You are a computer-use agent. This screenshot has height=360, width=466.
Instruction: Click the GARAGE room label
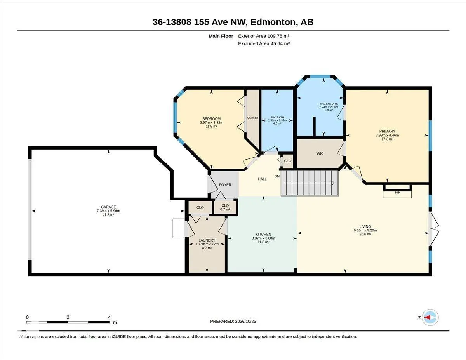108,207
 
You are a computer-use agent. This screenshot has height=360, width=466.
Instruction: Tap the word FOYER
225,184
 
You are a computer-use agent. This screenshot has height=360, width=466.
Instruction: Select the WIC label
320,153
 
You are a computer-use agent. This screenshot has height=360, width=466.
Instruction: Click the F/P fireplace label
397,193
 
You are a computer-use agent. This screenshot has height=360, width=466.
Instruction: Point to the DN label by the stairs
277,176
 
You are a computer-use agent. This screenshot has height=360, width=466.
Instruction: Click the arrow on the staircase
309,183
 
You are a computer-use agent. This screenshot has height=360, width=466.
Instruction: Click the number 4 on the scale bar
110,317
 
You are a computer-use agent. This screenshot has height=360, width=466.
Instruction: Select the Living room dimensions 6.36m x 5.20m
365,230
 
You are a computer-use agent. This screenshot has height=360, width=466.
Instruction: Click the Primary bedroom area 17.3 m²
387,139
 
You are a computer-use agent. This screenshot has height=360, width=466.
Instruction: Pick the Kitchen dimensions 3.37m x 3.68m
263,238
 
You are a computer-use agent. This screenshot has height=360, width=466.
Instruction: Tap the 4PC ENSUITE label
329,104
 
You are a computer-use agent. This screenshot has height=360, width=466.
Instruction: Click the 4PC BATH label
277,117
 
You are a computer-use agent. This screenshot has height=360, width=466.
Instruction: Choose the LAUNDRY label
207,240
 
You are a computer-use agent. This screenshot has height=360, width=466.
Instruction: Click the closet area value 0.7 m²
225,209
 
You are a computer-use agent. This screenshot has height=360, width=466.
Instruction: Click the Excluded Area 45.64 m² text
264,43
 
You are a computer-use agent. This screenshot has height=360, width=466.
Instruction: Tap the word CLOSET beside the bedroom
253,118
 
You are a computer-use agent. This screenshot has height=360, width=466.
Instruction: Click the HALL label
262,179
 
